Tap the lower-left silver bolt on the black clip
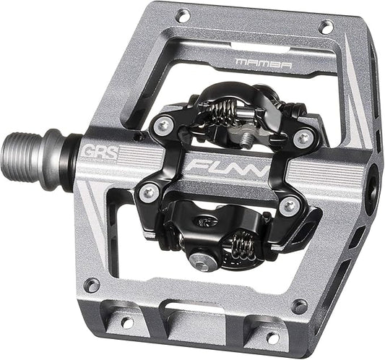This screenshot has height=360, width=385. pos(149,191)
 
